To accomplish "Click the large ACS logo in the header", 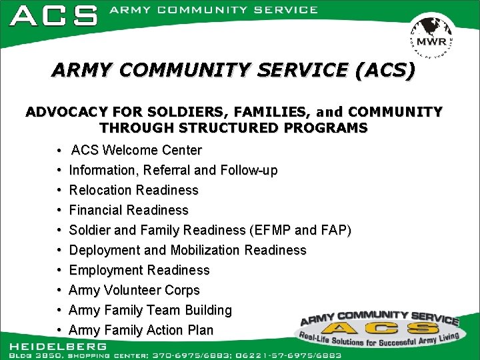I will pyautogui.click(x=54, y=15).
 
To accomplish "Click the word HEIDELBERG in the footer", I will pyautogui.click(x=58, y=346).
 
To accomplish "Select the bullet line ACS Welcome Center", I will pyautogui.click(x=136, y=150).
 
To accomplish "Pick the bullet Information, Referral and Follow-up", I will pyautogui.click(x=173, y=170).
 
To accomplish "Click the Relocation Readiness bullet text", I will pyautogui.click(x=133, y=190).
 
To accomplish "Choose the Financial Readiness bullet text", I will pyautogui.click(x=129, y=210).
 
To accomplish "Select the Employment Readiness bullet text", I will pyautogui.click(x=139, y=270).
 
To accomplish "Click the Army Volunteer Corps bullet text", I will pyautogui.click(x=134, y=290).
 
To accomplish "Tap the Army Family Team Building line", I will pyautogui.click(x=150, y=310).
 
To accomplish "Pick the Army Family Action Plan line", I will pyautogui.click(x=141, y=330).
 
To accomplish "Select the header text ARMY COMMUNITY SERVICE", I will pyautogui.click(x=213, y=10).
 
